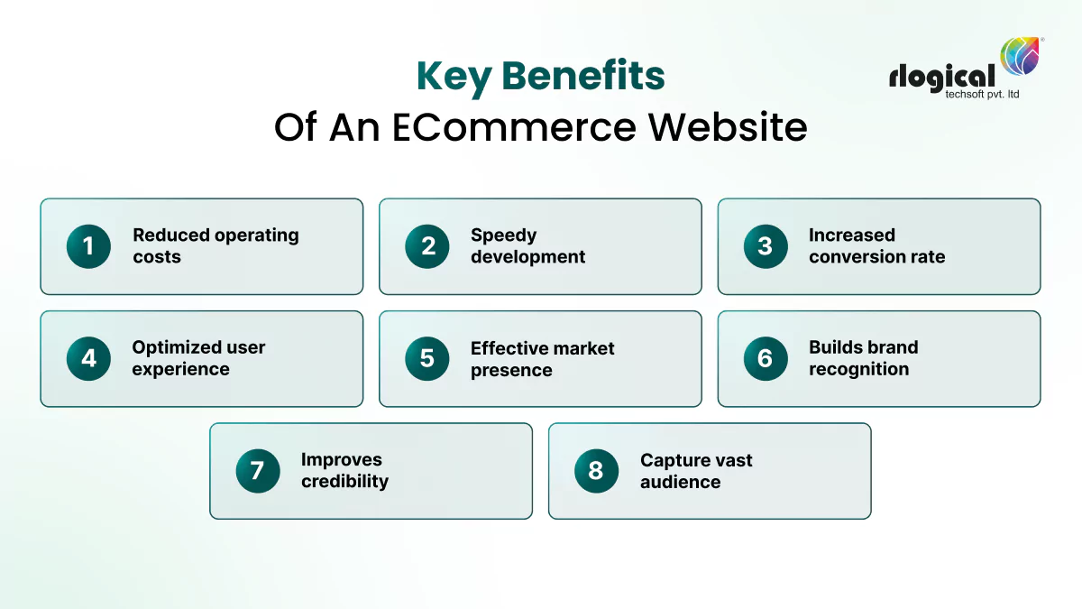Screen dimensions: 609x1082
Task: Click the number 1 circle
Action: tap(88, 246)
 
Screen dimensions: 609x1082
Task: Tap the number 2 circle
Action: tap(427, 246)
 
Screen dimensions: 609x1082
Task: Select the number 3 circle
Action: tap(766, 246)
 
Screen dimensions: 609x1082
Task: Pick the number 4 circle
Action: tap(88, 358)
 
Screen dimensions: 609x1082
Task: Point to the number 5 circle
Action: tap(427, 358)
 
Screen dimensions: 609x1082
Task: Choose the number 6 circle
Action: tap(766, 358)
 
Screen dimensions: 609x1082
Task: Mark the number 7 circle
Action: tap(258, 471)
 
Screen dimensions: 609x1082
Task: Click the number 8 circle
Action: tap(596, 471)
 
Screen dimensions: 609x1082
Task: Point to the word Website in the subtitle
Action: tap(728, 127)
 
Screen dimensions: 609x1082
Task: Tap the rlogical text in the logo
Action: tap(941, 78)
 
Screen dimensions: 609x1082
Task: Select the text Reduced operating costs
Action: tap(215, 246)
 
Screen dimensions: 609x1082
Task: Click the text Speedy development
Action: tap(527, 246)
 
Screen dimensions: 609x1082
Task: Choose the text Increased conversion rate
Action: tap(876, 246)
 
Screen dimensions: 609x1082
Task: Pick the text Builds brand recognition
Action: tap(863, 358)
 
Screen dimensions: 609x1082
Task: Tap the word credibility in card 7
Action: tap(344, 482)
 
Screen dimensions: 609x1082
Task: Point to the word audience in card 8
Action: tap(680, 482)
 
